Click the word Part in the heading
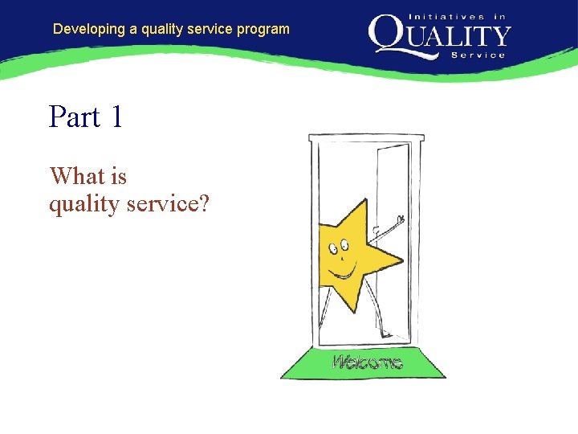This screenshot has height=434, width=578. tap(74, 117)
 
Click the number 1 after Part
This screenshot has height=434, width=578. tap(117, 117)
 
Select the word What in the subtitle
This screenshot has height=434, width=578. tap(76, 176)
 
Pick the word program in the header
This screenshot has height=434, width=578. tap(263, 30)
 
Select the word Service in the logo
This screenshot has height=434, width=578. tap(479, 55)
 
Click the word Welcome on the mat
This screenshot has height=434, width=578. tap(367, 362)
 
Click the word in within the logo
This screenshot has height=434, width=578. tap(499, 16)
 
